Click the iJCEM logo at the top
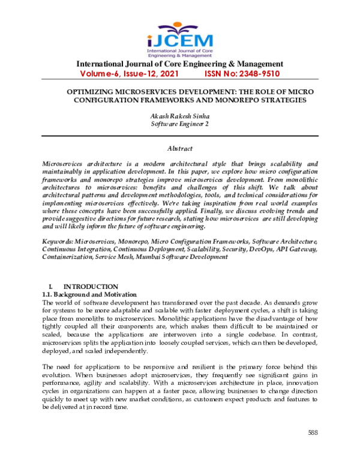click(x=179, y=37)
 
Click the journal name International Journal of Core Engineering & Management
click(x=179, y=64)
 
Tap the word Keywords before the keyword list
click(x=57, y=241)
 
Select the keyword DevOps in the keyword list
click(x=260, y=249)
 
